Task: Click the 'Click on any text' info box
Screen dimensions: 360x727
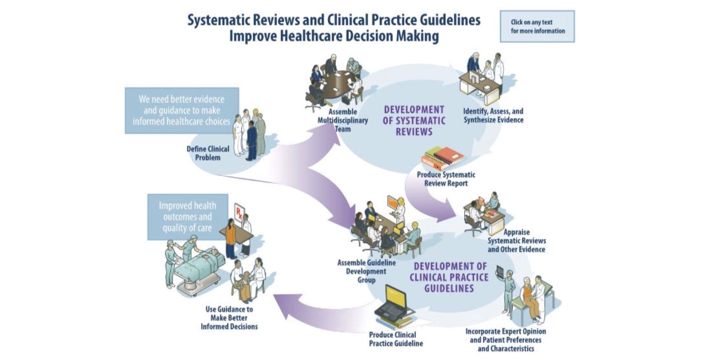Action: (x=537, y=27)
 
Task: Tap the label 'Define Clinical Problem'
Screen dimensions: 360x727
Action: (x=208, y=153)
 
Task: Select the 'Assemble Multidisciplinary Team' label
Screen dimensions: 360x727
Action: (x=343, y=120)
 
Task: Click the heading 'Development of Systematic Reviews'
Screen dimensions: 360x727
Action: (x=414, y=121)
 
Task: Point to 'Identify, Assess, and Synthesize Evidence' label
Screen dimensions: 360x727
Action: (x=493, y=115)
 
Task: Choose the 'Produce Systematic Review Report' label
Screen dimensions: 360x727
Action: (x=446, y=179)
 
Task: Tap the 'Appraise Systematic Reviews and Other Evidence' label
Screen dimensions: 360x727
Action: (x=516, y=241)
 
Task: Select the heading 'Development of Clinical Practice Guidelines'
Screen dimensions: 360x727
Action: (x=449, y=277)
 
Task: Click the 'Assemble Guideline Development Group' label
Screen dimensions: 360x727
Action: (x=366, y=271)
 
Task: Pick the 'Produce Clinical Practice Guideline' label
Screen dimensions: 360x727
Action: (x=396, y=339)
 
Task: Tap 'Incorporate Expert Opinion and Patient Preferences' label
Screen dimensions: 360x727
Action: (x=505, y=340)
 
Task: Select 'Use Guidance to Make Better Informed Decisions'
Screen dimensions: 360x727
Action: (x=229, y=318)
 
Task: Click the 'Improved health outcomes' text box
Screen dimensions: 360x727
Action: (x=187, y=217)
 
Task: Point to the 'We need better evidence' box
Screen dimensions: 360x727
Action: (x=182, y=110)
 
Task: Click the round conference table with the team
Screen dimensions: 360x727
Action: (x=339, y=82)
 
